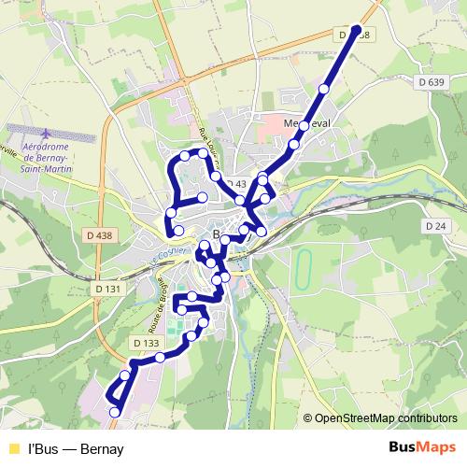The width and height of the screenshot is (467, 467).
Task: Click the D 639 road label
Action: [x=431, y=82]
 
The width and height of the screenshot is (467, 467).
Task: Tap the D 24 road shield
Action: [x=435, y=226]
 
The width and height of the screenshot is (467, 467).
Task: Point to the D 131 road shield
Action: [x=108, y=290]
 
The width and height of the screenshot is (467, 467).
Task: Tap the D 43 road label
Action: [x=234, y=184]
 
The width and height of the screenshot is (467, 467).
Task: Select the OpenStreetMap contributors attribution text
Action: [x=385, y=418]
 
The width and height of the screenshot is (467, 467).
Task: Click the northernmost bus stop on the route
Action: [x=356, y=29]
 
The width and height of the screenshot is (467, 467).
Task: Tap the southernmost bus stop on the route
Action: [x=115, y=412]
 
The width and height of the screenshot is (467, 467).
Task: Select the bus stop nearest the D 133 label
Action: [x=160, y=357]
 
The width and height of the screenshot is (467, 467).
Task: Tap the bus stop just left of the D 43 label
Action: [x=216, y=176]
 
